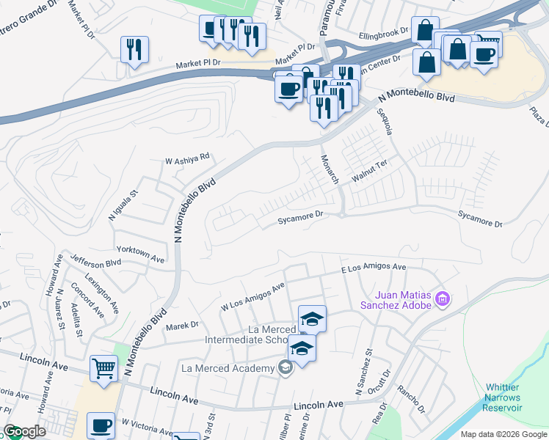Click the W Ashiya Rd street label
[187, 157]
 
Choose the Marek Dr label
[183, 325]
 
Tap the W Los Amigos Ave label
[252, 297]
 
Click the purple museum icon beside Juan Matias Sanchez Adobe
[442, 298]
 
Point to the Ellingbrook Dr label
[383, 34]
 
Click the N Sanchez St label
[366, 372]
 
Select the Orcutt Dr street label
[382, 382]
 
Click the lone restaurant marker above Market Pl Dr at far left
[134, 50]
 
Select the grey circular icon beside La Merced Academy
[286, 367]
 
